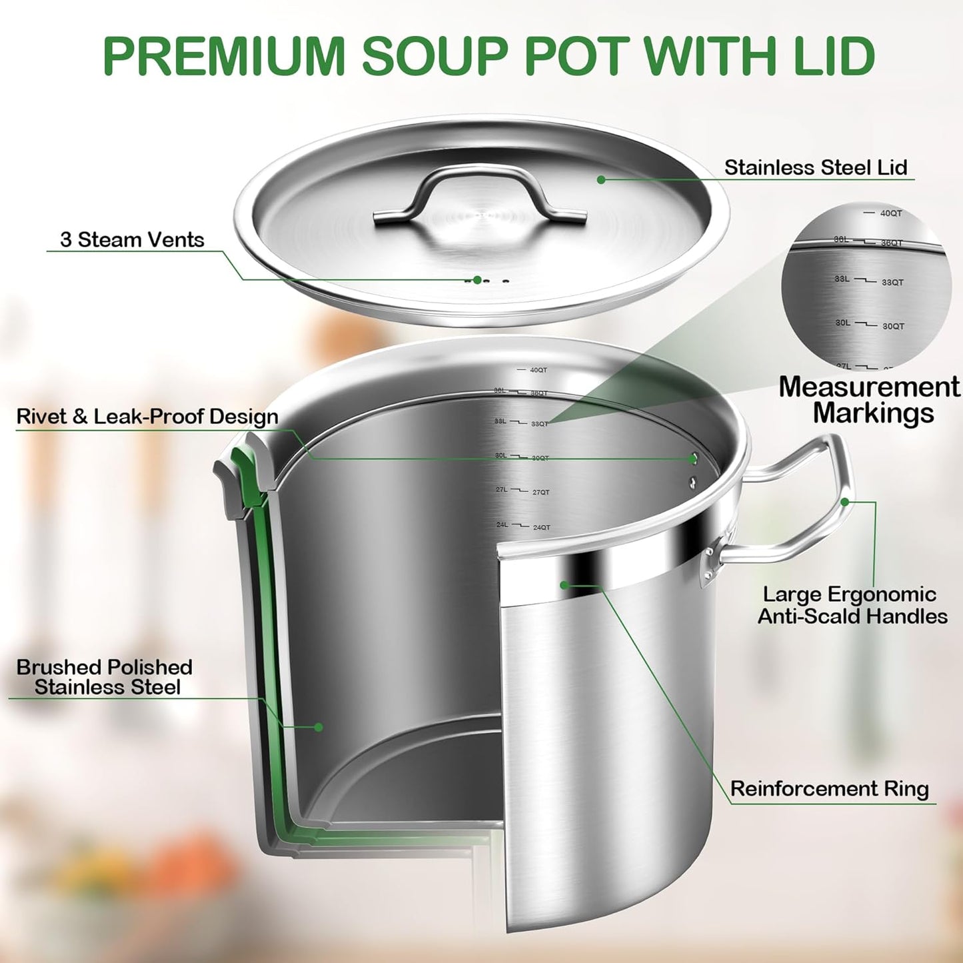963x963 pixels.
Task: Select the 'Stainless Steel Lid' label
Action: point(816,167)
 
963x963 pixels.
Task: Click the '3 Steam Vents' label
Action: point(132,240)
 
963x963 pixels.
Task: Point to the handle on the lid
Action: point(480,193)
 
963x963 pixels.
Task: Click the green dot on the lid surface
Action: point(601,179)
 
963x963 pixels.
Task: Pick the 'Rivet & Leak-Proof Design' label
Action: point(147,417)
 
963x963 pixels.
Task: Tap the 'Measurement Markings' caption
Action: point(870,400)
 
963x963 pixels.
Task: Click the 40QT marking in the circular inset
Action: point(890,213)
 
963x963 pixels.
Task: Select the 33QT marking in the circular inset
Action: point(892,283)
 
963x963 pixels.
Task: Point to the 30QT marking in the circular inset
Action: point(893,327)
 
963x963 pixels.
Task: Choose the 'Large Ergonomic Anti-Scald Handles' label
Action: point(852,605)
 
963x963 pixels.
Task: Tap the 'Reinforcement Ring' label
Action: point(829,789)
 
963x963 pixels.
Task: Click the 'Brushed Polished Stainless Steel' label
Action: point(105,677)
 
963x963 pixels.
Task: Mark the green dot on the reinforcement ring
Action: point(564,585)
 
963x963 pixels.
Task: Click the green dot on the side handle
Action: point(845,502)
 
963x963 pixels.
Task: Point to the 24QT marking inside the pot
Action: point(541,528)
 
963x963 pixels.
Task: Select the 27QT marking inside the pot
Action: point(540,492)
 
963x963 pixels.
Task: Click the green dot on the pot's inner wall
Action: point(319,727)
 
